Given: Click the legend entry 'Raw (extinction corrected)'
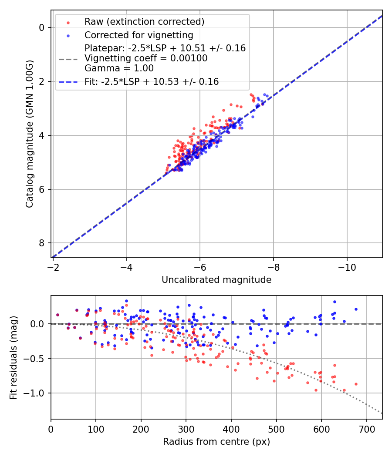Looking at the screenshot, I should [x=144, y=22].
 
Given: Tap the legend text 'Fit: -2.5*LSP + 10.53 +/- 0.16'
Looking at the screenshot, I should [x=152, y=81].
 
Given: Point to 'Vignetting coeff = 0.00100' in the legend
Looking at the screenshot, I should [x=146, y=58].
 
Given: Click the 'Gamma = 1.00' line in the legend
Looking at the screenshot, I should [x=119, y=68].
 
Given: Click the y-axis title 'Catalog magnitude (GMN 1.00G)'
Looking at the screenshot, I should [x=29, y=133].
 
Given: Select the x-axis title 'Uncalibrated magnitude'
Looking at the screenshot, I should [x=216, y=280].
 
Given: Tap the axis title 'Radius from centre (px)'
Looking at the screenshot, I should [x=216, y=442].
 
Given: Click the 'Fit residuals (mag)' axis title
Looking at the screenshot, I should [x=14, y=357].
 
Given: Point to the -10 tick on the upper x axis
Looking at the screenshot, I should [x=347, y=265].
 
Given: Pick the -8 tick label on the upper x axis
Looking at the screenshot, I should [x=273, y=265].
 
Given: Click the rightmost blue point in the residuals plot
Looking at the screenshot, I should [x=356, y=309].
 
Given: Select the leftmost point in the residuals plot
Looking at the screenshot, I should [x=57, y=315].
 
